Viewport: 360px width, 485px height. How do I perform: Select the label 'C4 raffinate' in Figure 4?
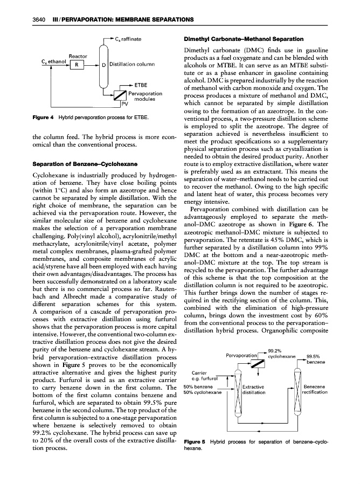[x=128, y=39]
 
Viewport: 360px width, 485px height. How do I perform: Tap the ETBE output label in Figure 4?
[x=141, y=85]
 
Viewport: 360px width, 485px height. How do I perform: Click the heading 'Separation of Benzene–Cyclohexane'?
[x=75, y=163]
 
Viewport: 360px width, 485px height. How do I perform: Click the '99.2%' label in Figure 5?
[x=275, y=351]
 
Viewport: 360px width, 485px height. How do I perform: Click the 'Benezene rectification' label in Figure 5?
[x=314, y=390]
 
